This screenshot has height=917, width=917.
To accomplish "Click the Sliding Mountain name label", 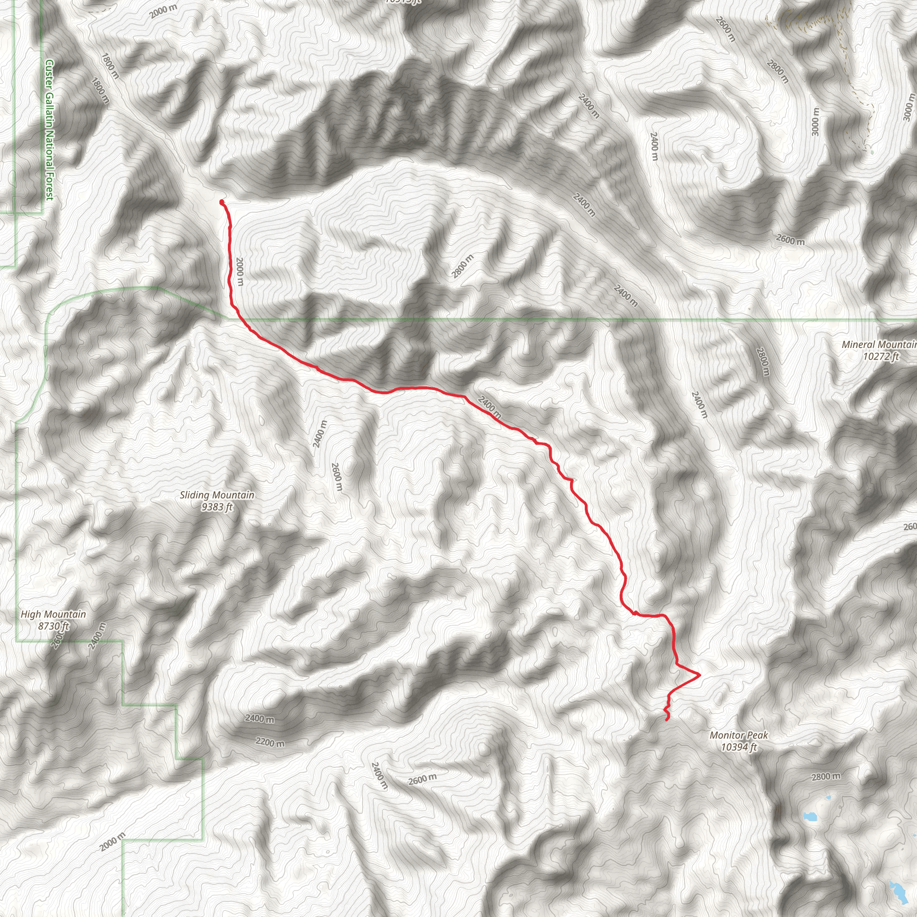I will click(217, 495).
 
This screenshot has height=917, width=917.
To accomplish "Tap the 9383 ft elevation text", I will click(217, 507).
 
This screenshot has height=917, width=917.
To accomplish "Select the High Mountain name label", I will click(53, 614).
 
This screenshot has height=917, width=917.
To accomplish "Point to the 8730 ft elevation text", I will click(53, 626).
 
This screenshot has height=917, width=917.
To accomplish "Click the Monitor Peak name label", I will click(738, 735).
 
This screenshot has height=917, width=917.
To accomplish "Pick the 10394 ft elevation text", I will click(738, 747).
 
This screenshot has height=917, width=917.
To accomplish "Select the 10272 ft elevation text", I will click(880, 356).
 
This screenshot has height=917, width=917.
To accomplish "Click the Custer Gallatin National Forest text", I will click(49, 129).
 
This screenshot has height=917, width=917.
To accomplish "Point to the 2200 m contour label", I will click(270, 742).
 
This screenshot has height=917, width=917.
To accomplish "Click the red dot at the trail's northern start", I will click(222, 203).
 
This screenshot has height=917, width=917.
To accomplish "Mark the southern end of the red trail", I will click(667, 720).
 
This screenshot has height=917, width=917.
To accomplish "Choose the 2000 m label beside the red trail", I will click(240, 271).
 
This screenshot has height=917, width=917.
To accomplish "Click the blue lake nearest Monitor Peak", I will click(810, 816).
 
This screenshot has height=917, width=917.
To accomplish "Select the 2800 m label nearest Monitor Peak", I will click(826, 776).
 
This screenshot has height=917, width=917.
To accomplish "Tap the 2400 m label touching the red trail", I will click(489, 407).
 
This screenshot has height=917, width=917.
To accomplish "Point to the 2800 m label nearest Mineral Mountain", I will click(762, 362).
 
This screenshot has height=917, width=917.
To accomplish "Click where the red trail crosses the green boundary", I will click(238, 319).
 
